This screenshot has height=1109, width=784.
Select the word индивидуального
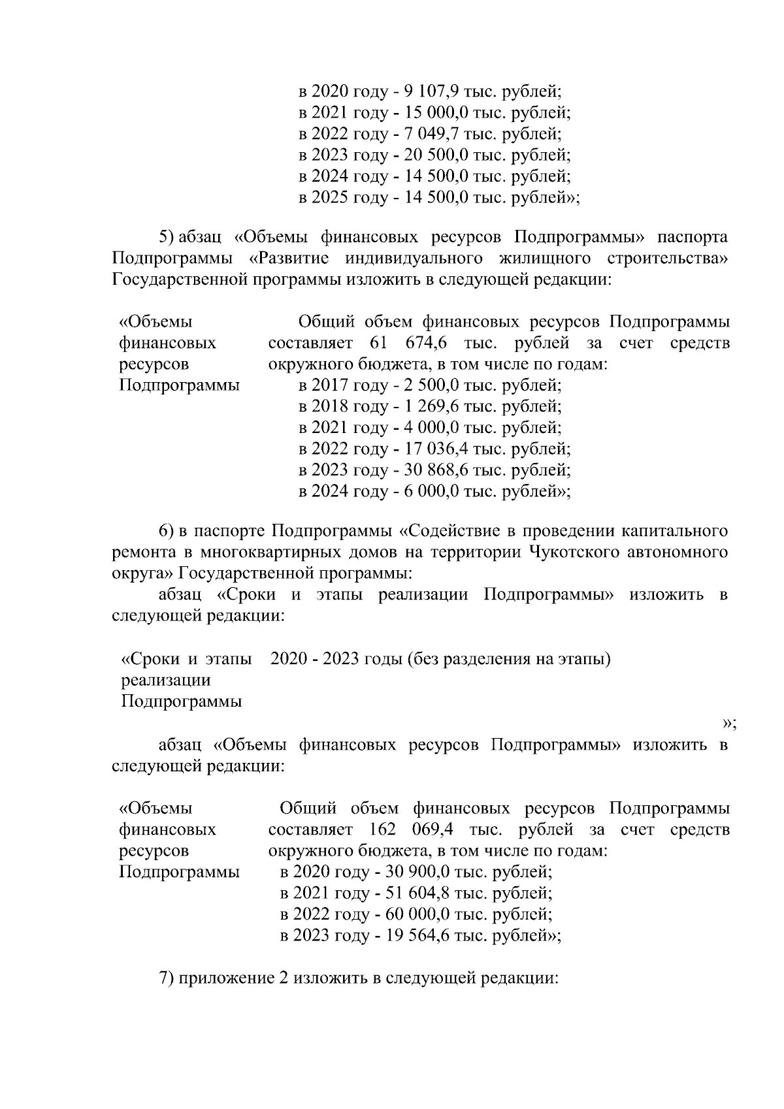pos(414,259)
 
